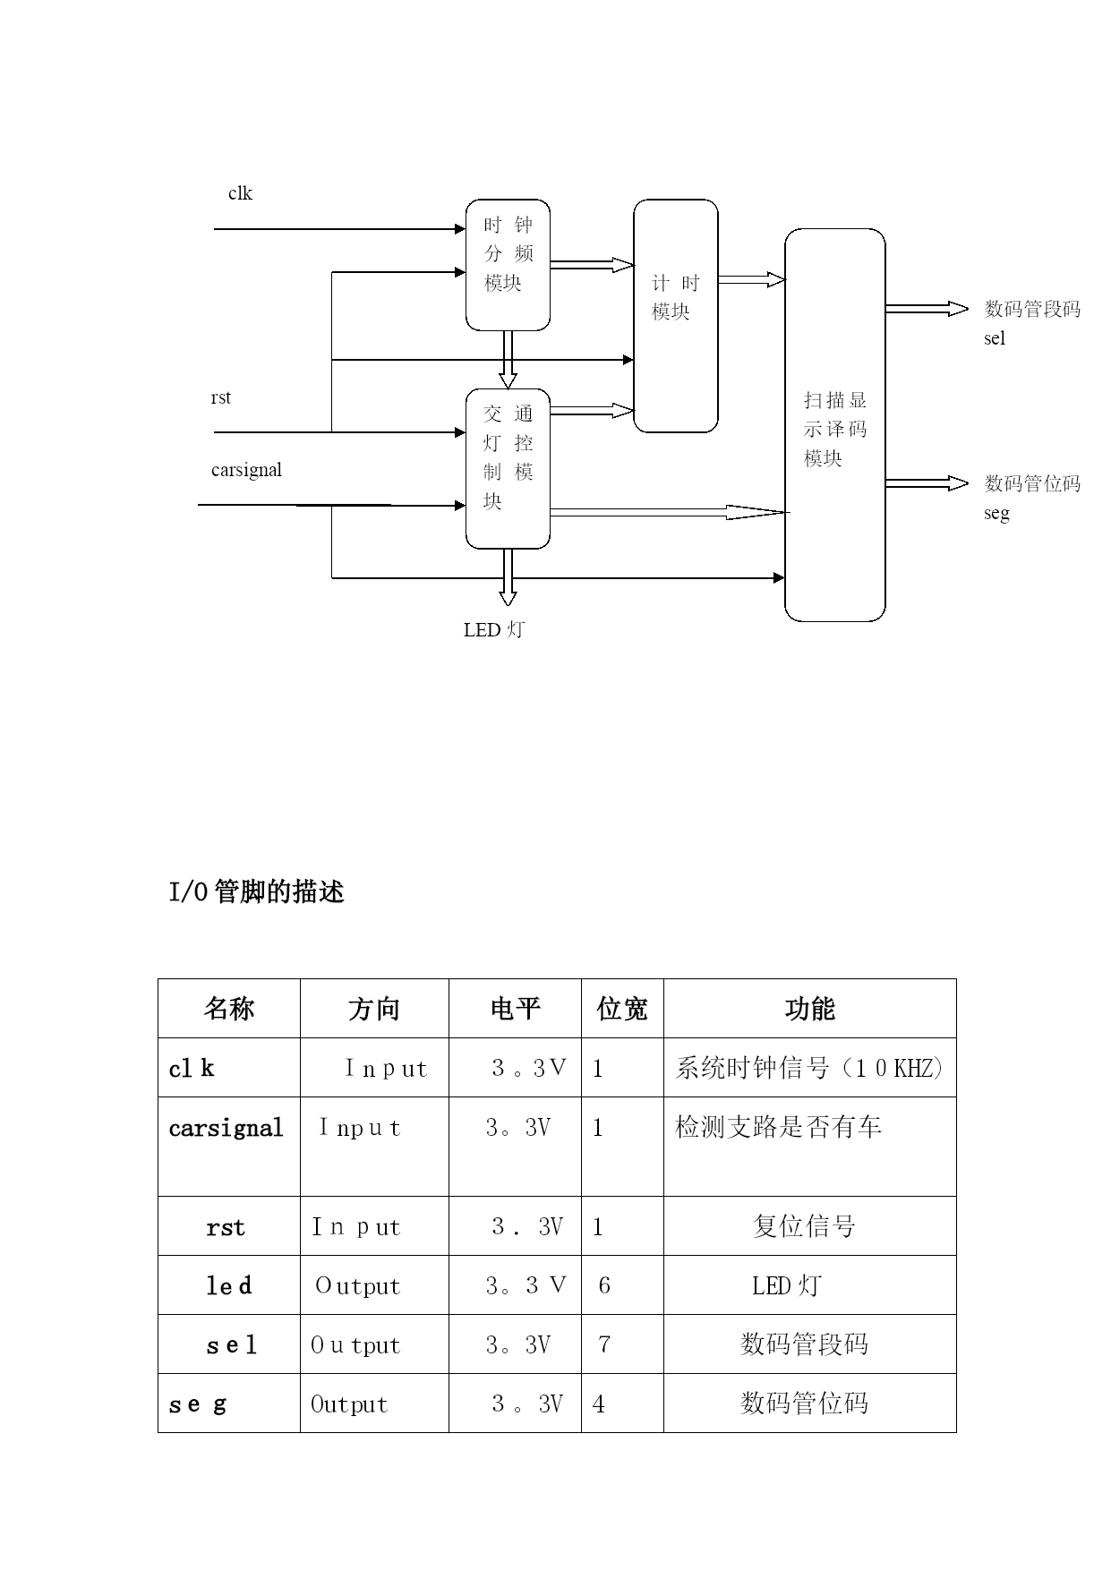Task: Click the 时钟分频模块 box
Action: pos(508,264)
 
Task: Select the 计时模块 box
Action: pos(675,315)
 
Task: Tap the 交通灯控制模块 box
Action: pos(508,468)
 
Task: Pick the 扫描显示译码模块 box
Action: pos(834,425)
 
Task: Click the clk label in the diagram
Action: pos(240,193)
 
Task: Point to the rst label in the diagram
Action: pos(220,397)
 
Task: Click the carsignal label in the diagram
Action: pos(246,470)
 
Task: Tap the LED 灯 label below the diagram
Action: pos(493,629)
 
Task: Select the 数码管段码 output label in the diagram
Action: pos(1032,310)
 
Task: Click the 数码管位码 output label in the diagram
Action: pos(1032,484)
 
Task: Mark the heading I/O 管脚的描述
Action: pos(257,892)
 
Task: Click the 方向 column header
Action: pos(373,1009)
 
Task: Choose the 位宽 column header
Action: pos(621,1009)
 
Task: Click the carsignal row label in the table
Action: pos(226,1128)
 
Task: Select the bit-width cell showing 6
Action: pos(604,1285)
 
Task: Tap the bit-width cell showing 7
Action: pos(604,1344)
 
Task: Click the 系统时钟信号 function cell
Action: pos(808,1068)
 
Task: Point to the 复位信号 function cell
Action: pos(804,1226)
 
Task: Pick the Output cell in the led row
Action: pos(357,1286)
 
